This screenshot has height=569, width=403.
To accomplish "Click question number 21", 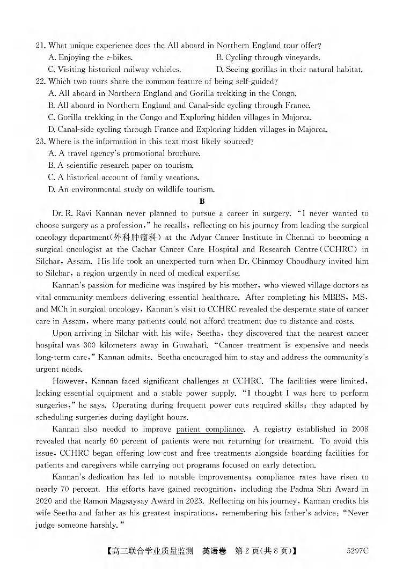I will pos(40,46).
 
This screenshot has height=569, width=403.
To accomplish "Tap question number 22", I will pos(40,82).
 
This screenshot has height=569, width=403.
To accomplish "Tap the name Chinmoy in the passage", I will pos(300,261).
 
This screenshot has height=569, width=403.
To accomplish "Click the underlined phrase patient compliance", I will pos(210,429).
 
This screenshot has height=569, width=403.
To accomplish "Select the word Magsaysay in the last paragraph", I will pos(162,501).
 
